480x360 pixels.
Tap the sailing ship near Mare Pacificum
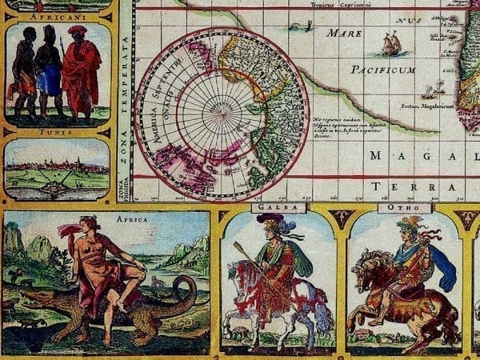(391, 43)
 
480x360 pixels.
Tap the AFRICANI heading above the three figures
(58, 15)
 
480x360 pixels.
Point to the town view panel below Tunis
(58, 169)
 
